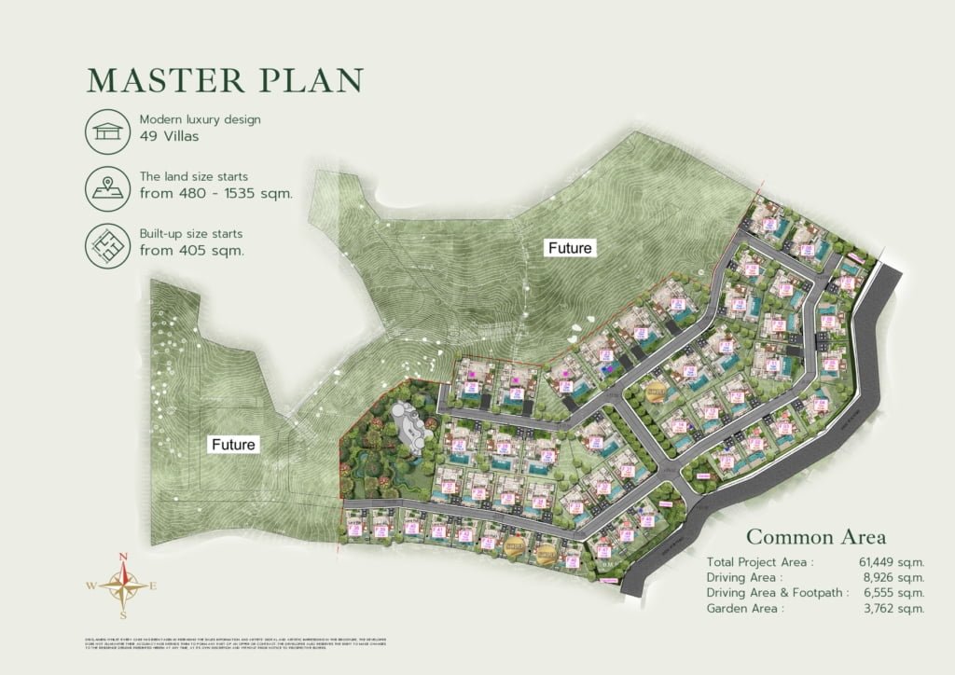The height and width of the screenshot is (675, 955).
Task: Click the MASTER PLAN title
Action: coord(224,80)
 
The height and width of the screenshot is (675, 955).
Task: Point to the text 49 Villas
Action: coord(170,136)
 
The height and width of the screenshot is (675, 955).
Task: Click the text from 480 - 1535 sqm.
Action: coord(215,194)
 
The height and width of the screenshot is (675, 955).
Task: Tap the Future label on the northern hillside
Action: coord(570,248)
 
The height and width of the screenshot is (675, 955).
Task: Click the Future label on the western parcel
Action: coord(233,445)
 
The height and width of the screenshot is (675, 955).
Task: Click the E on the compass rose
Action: coord(153,586)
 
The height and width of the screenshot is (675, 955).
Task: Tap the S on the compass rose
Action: coord(122,615)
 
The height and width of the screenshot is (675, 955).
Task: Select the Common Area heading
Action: coord(816,537)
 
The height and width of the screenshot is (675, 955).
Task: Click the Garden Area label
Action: coord(745,608)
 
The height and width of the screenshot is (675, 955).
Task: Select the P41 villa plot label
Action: coord(438,530)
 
